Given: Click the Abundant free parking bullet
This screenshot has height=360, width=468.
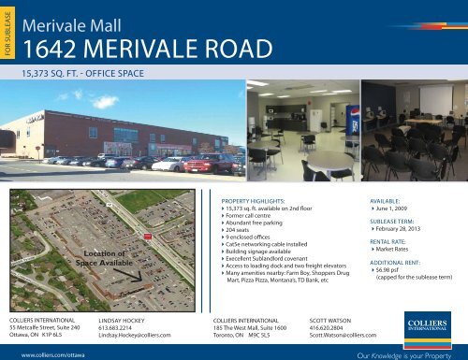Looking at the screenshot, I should [x=262, y=221].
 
